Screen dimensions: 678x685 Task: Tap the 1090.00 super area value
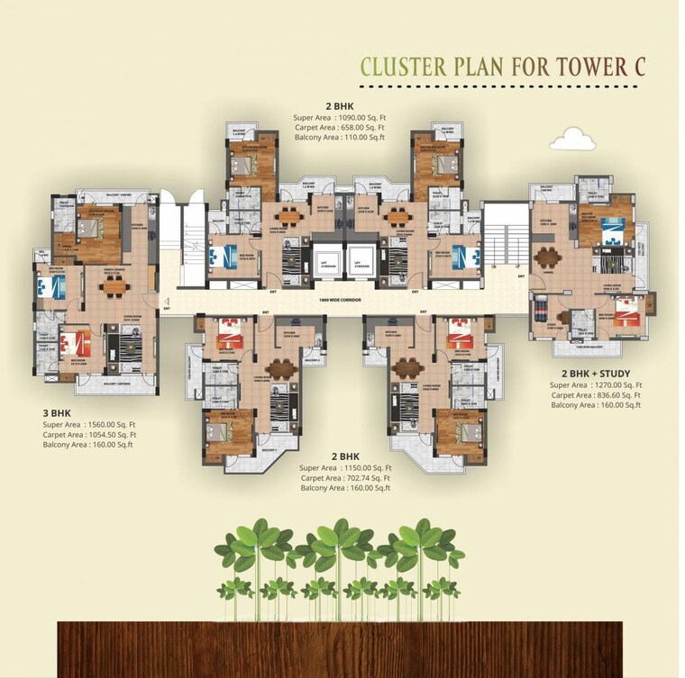(x=359, y=118)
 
